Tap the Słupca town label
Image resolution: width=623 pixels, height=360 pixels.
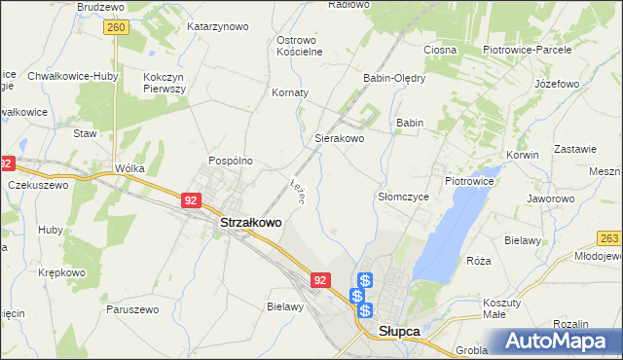click(x=398, y=332)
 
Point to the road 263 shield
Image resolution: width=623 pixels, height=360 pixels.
click(x=610, y=237)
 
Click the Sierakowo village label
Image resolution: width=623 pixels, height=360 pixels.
click(x=339, y=139)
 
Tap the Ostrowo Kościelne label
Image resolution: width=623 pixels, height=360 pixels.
click(x=299, y=46)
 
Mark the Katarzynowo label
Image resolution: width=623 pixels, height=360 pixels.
click(x=218, y=26)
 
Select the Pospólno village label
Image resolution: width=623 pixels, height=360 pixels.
click(x=231, y=161)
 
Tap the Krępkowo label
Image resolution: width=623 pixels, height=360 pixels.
click(x=61, y=272)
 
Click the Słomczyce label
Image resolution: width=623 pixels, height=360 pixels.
click(x=403, y=197)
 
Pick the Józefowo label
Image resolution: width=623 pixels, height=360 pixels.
click(x=557, y=84)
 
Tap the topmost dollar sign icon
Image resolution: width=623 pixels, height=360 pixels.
click(x=364, y=280)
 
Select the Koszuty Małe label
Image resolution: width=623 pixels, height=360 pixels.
click(x=501, y=308)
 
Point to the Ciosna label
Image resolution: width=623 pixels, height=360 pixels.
click(x=440, y=49)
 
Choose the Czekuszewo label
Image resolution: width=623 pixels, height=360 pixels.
click(x=38, y=184)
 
